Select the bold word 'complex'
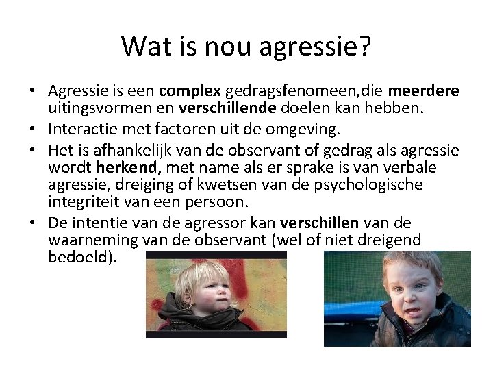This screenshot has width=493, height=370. click(x=189, y=91)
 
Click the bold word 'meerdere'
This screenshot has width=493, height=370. click(x=424, y=91)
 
